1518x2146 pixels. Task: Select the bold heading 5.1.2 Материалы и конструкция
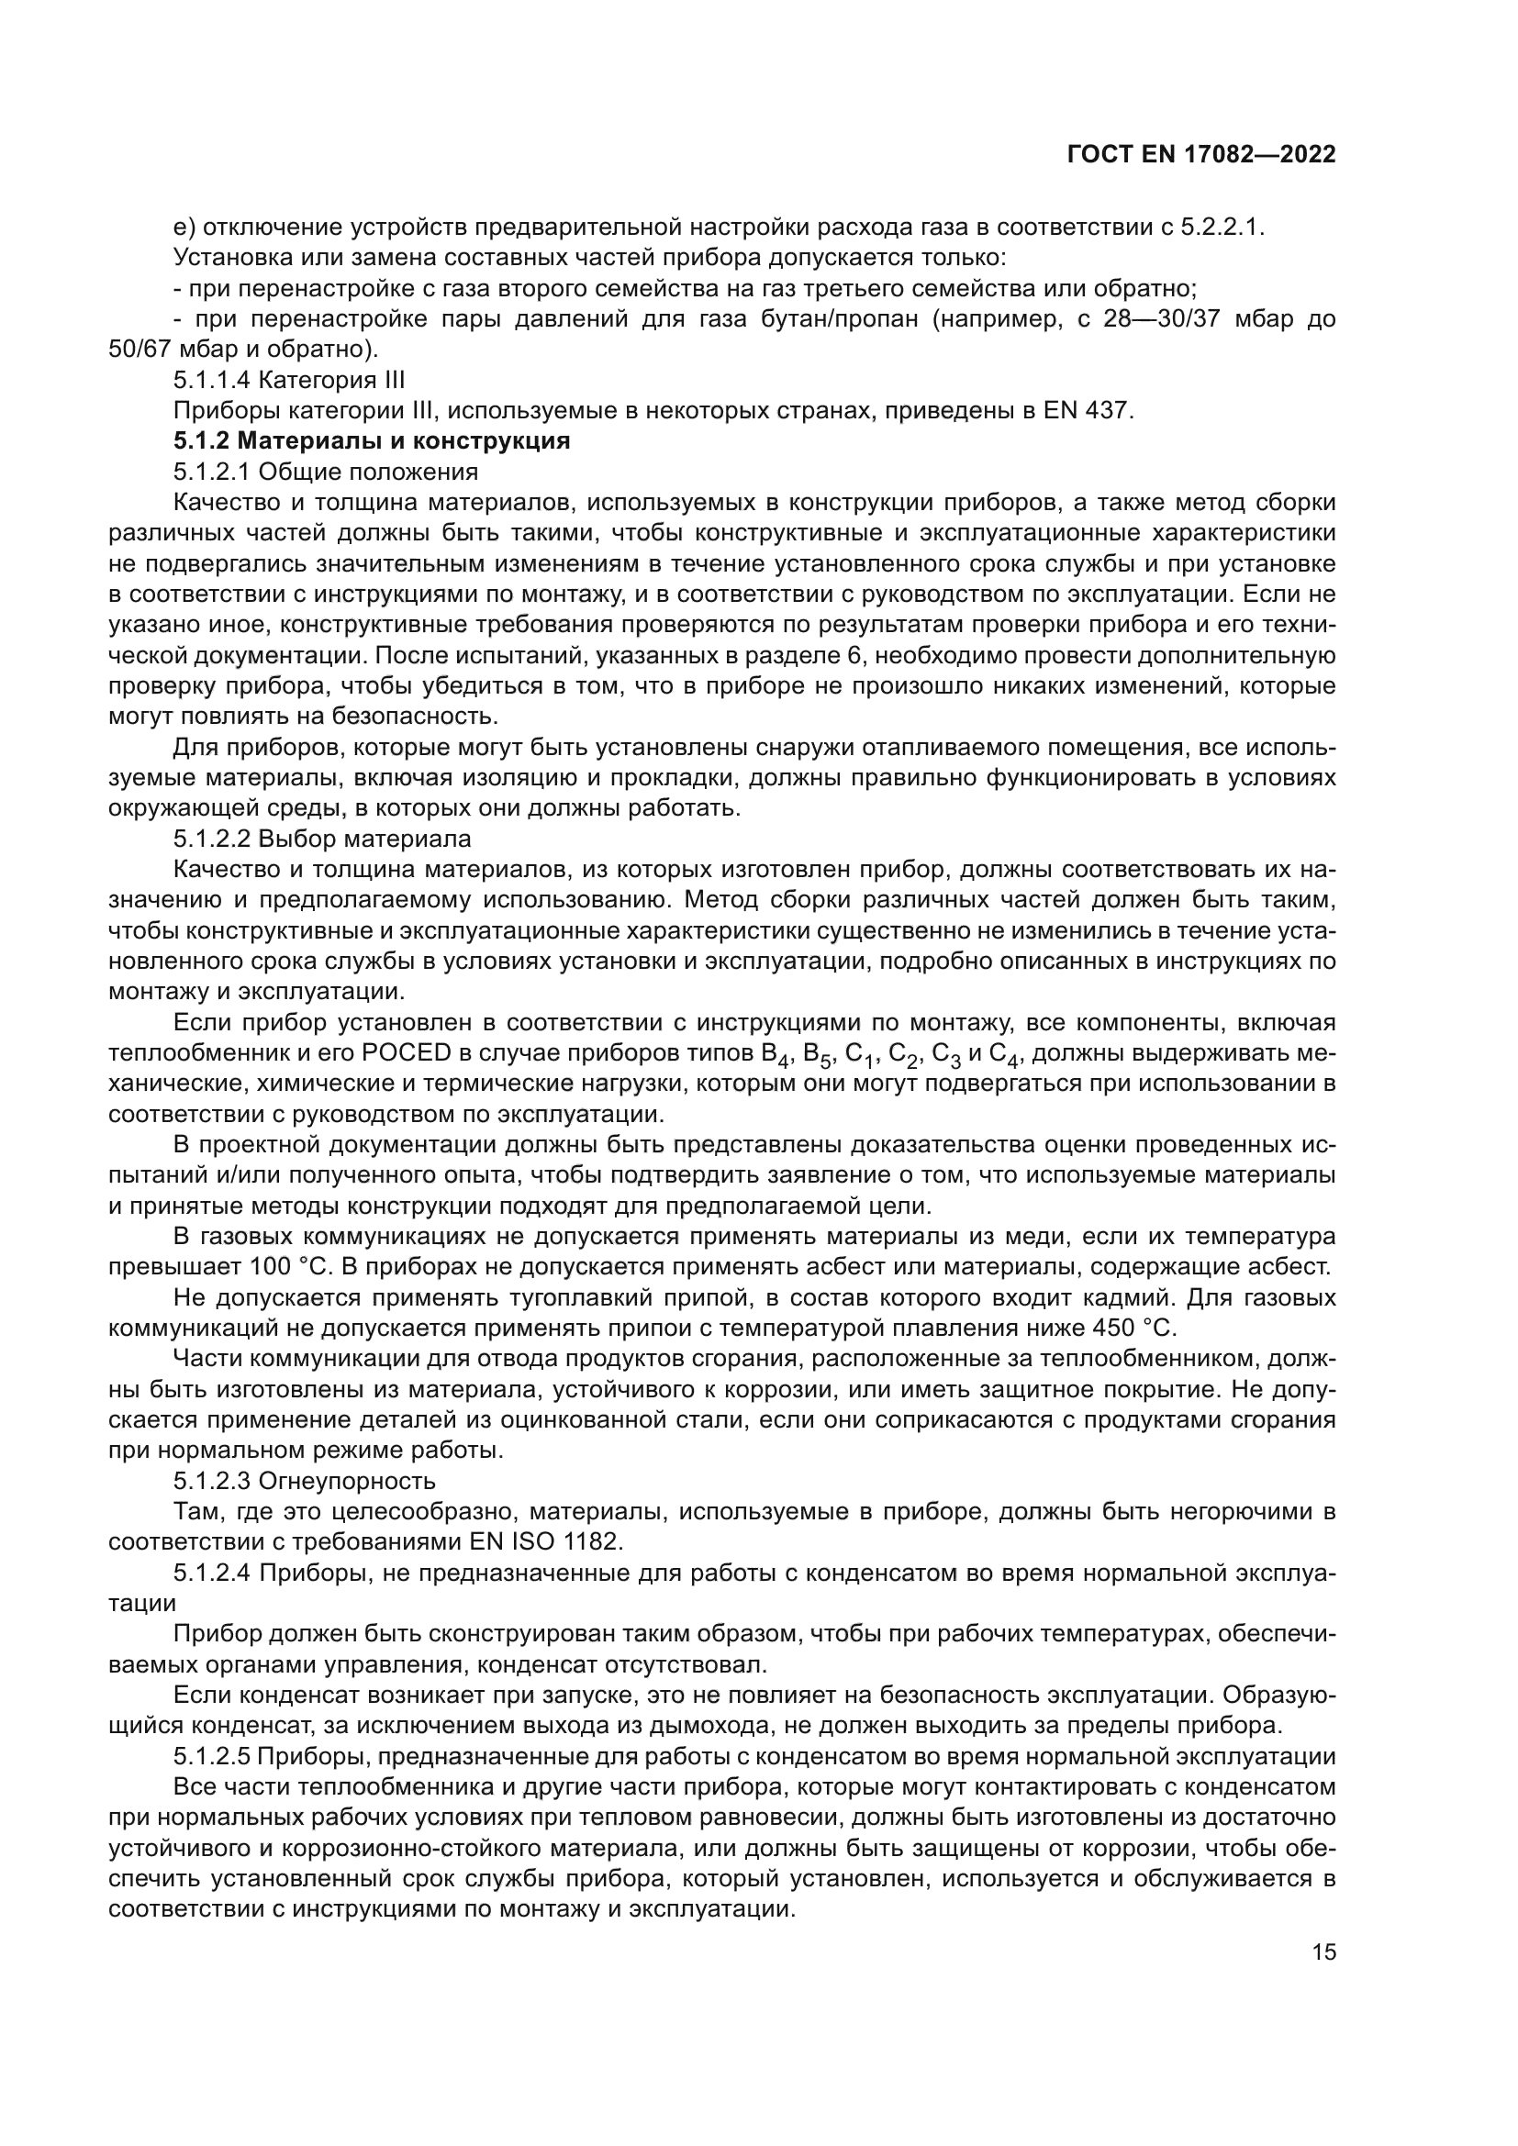click(x=371, y=440)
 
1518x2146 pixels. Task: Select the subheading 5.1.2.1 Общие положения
click(x=325, y=471)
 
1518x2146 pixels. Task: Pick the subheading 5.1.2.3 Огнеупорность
click(x=305, y=1481)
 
